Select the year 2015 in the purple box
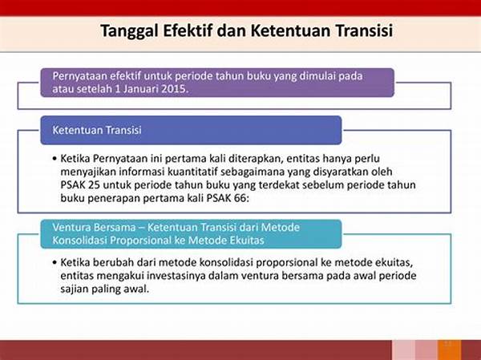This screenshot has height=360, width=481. pyautogui.click(x=174, y=89)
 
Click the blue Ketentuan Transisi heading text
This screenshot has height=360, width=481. pyautogui.click(x=97, y=130)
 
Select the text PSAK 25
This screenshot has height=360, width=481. pyautogui.click(x=79, y=185)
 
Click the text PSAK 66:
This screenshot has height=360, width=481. pyautogui.click(x=228, y=198)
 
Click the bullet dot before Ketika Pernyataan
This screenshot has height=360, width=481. pyautogui.click(x=55, y=159)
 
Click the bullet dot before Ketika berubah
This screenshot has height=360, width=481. pyautogui.click(x=55, y=263)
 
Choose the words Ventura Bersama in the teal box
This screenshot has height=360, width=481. pyautogui.click(x=94, y=228)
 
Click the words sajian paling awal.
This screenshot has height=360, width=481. pyautogui.click(x=104, y=289)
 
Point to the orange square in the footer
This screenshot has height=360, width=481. pyautogui.click(x=449, y=350)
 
